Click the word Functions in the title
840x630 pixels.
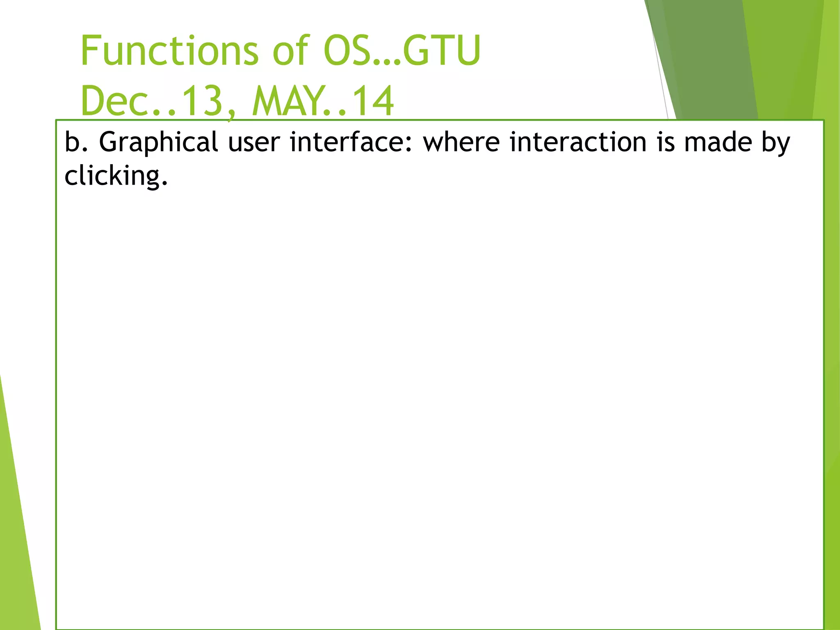coord(169,51)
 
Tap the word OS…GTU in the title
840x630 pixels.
coord(402,51)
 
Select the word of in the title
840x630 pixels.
coord(290,51)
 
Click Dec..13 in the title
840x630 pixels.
coord(152,101)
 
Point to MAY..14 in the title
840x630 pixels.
coord(323,101)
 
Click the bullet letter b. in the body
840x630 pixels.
coord(76,142)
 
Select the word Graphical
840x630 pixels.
coord(158,142)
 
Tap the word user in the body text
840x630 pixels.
coord(253,142)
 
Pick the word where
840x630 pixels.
coord(461,142)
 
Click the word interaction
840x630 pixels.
coord(578,142)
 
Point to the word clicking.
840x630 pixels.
coord(116,176)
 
